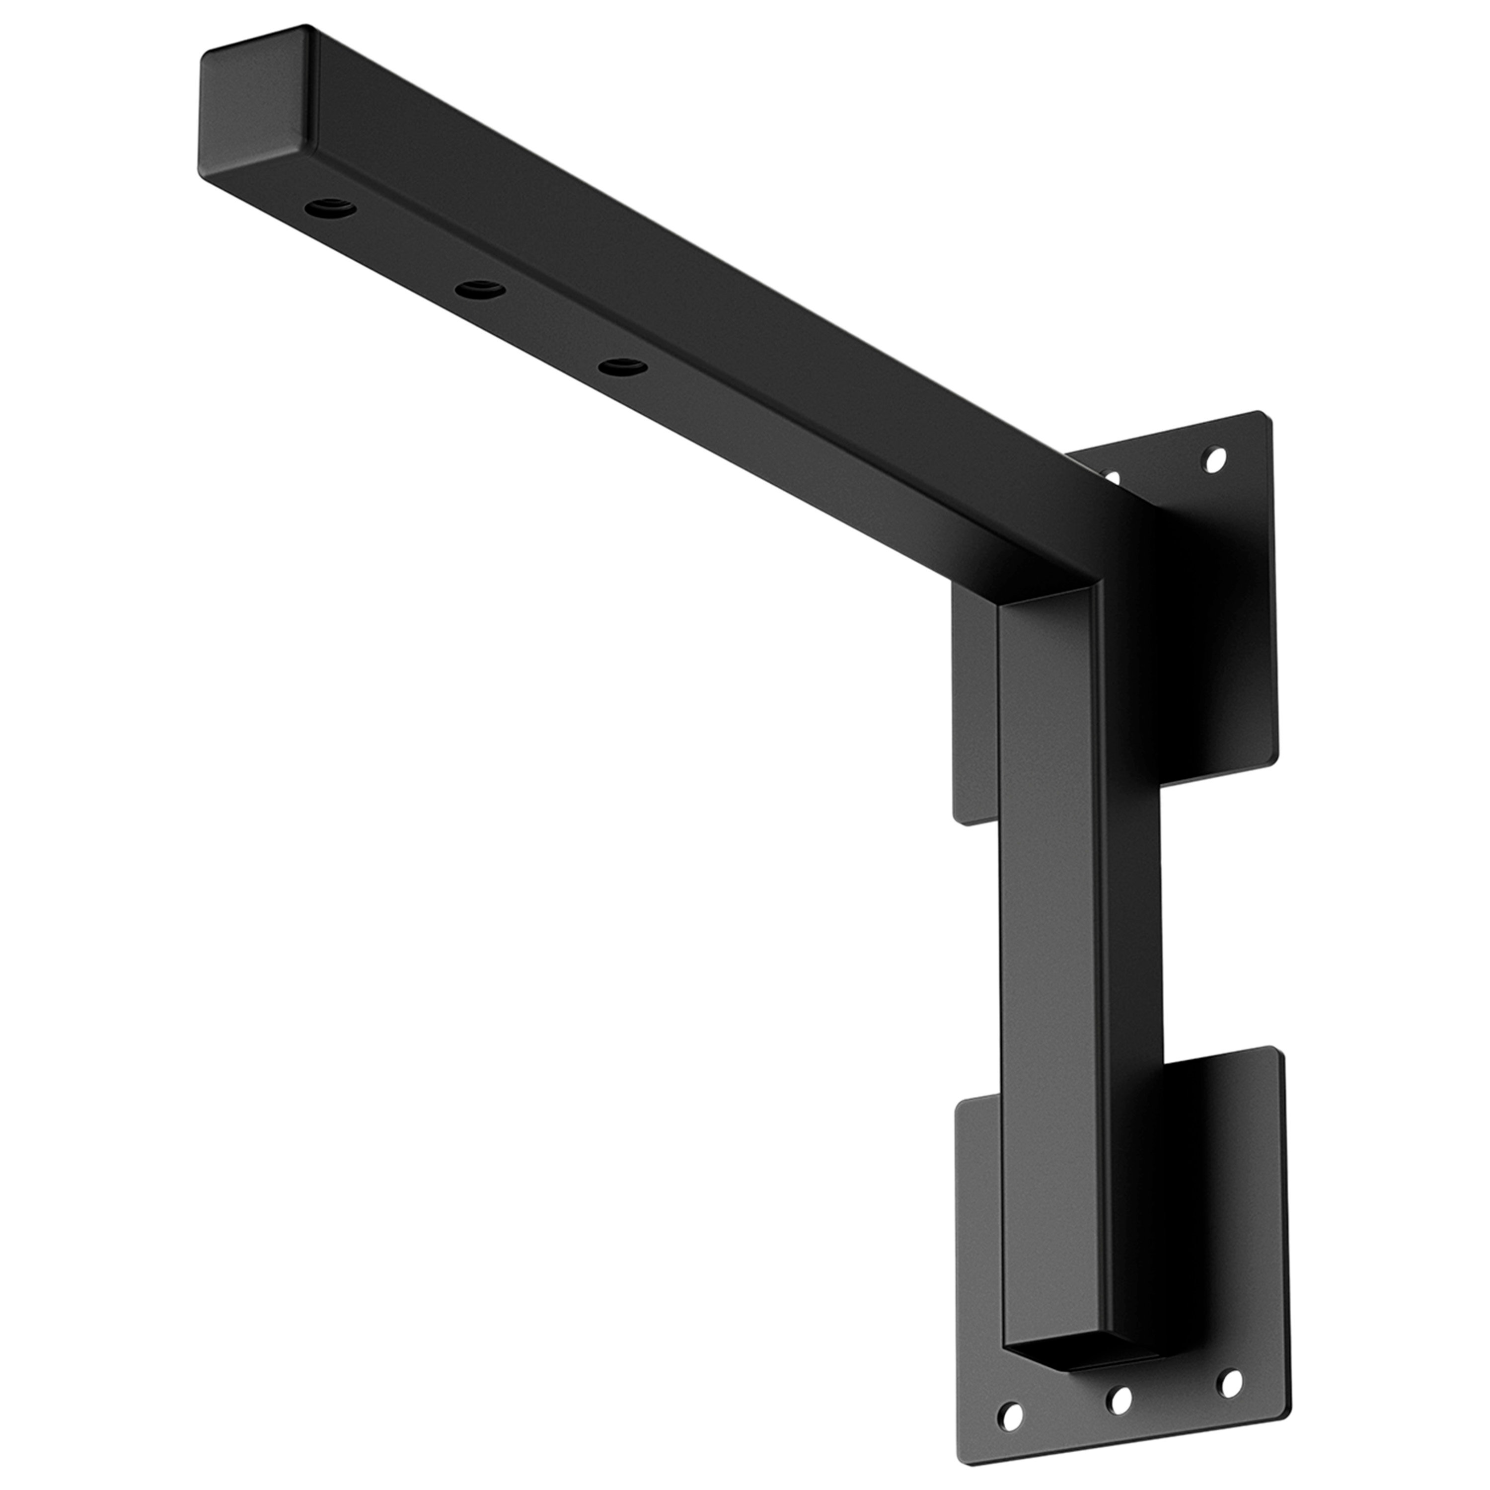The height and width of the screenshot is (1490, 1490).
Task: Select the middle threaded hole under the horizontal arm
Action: (x=480, y=290)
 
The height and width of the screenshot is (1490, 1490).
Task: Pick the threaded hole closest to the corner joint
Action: (x=622, y=367)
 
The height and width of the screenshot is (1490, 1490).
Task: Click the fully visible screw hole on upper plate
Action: (x=1215, y=460)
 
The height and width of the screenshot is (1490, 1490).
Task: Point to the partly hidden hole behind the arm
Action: (x=1112, y=477)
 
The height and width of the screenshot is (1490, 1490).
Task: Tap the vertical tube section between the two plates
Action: (x=1080, y=925)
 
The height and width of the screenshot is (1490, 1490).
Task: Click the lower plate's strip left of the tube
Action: (x=978, y=1234)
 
